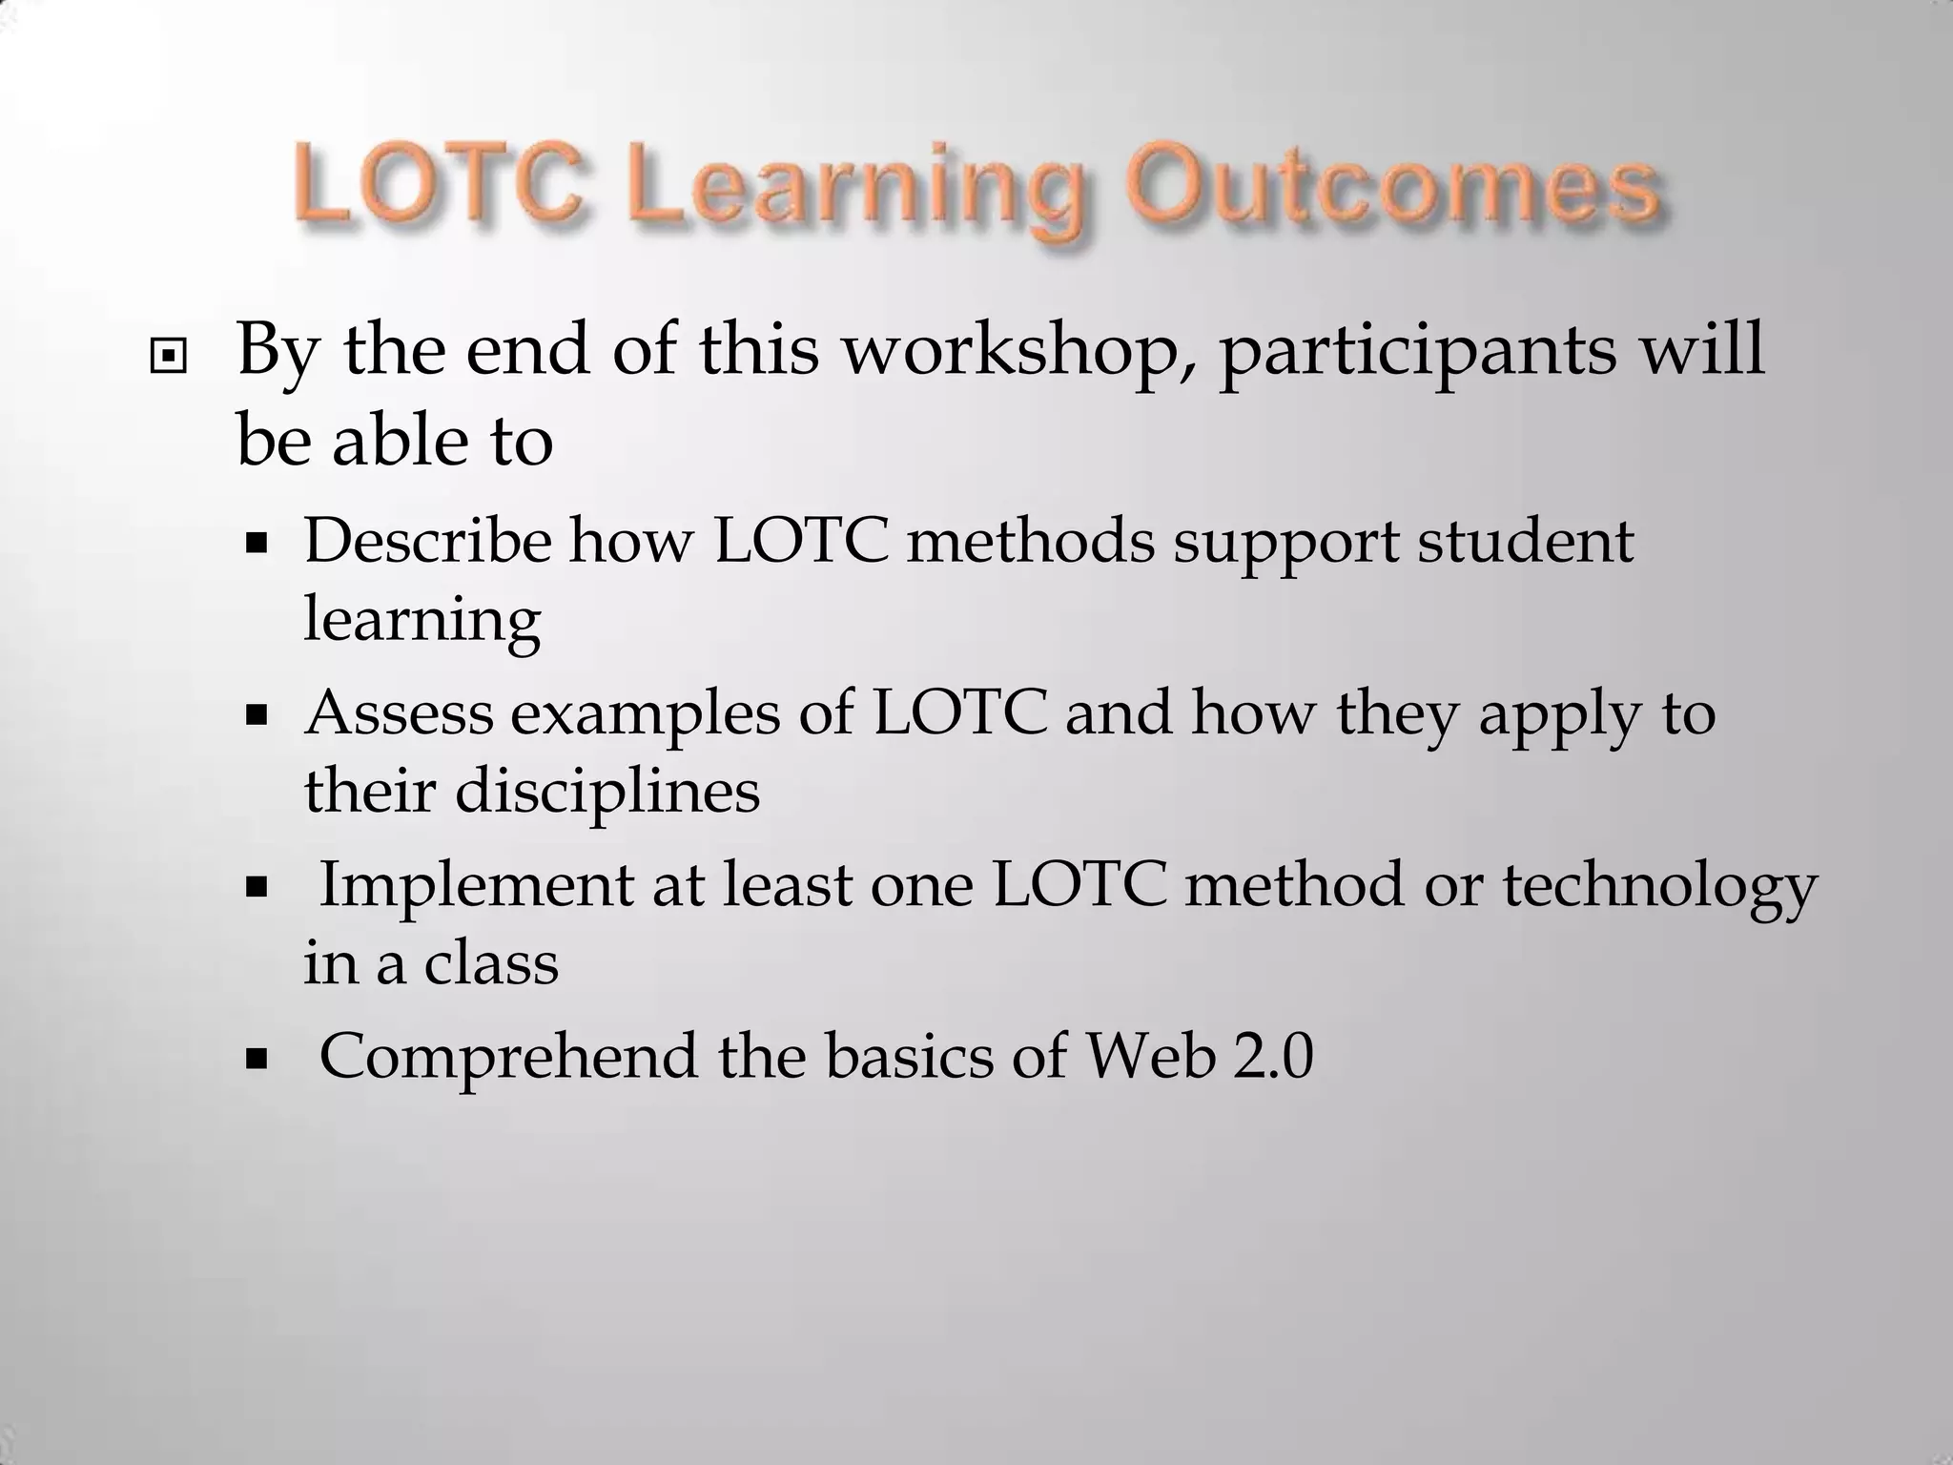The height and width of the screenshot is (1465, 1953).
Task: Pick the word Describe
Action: (x=427, y=541)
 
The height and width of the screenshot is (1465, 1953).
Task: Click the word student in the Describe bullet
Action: (x=1526, y=541)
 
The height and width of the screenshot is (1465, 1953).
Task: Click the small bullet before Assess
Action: (x=256, y=716)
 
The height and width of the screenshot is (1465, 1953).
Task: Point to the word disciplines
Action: (x=607, y=791)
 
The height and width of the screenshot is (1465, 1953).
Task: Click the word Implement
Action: (x=476, y=884)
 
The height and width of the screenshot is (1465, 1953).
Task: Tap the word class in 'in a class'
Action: (x=491, y=962)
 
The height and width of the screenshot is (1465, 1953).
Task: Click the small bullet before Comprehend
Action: (x=256, y=1059)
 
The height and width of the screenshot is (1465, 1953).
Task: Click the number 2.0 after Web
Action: (x=1273, y=1056)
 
